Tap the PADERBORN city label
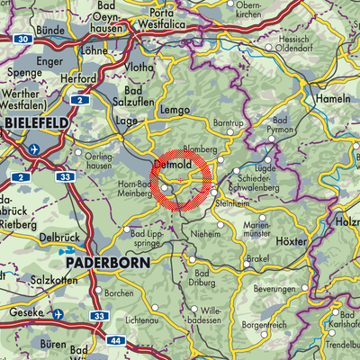click(x=103, y=262)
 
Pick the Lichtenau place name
click(x=147, y=319)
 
